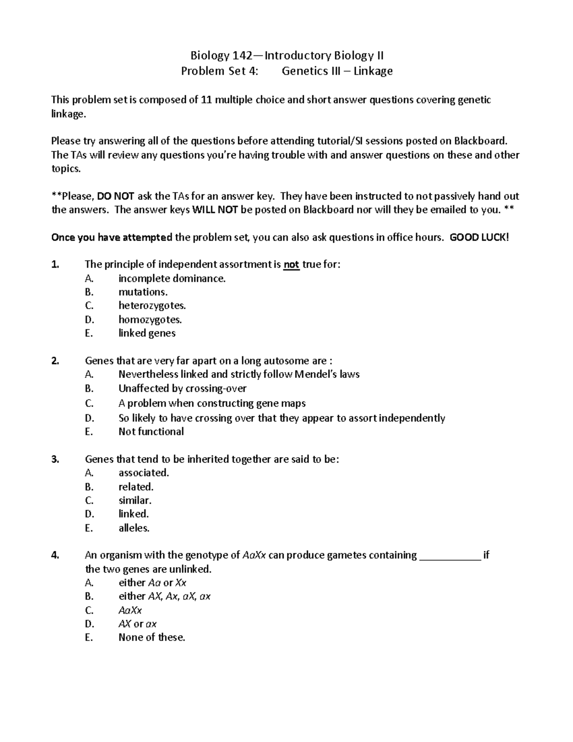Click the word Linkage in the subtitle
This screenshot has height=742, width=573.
[373, 71]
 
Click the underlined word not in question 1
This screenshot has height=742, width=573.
[291, 265]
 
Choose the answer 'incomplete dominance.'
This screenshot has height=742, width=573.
[172, 279]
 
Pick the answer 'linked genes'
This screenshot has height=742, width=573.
[147, 333]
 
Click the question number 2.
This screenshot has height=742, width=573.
[55, 361]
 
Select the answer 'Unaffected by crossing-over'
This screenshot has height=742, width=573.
[182, 388]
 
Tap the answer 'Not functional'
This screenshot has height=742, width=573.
[151, 431]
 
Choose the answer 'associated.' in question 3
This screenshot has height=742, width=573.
[144, 473]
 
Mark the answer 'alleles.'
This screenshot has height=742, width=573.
[134, 528]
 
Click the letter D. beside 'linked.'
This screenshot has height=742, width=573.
[89, 514]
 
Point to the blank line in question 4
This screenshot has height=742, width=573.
[449, 555]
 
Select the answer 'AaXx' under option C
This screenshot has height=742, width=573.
[130, 611]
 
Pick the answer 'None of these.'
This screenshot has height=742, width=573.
[151, 637]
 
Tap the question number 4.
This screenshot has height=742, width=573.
[55, 555]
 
